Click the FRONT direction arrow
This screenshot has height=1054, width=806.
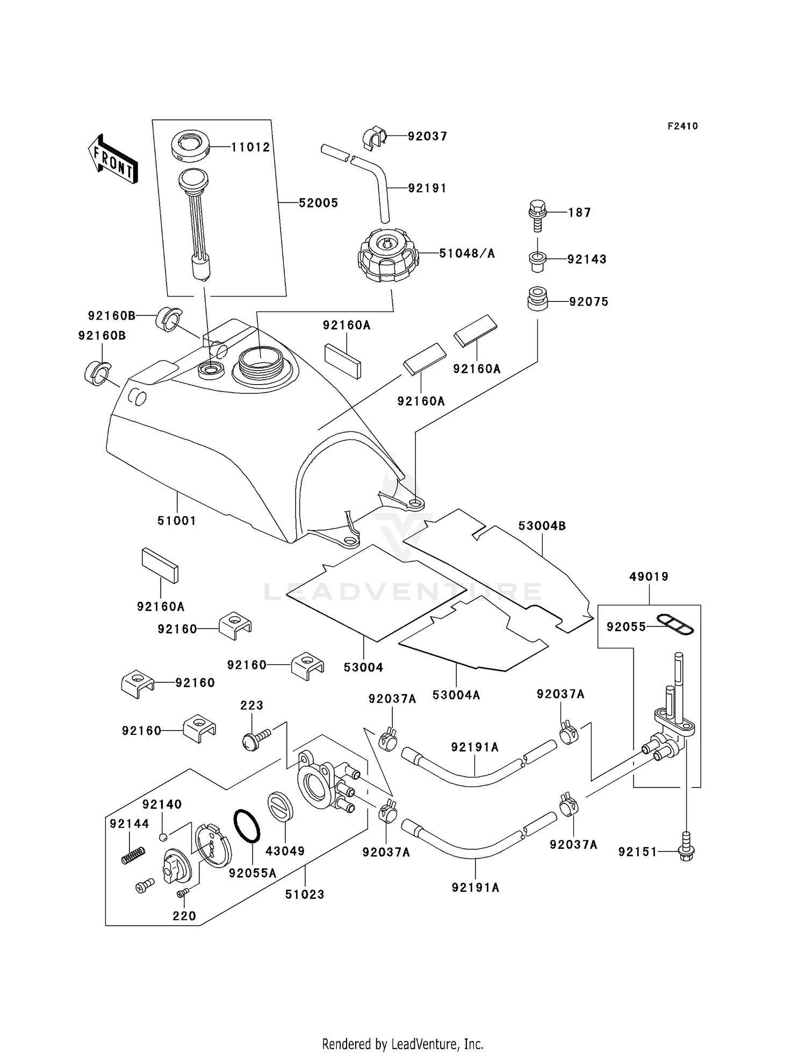click(112, 160)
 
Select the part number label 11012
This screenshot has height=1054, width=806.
click(250, 147)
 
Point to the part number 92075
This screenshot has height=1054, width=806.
click(589, 302)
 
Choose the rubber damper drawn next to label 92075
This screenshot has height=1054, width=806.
click(536, 299)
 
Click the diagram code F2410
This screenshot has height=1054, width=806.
click(682, 126)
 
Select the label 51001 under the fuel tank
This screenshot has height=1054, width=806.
click(177, 521)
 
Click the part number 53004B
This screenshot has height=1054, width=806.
click(542, 526)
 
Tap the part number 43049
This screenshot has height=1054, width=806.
click(285, 851)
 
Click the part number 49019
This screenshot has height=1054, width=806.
click(649, 577)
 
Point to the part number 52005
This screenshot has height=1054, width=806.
click(318, 203)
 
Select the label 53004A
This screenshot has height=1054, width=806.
click(456, 695)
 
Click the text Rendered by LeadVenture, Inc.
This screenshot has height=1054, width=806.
click(402, 1043)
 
